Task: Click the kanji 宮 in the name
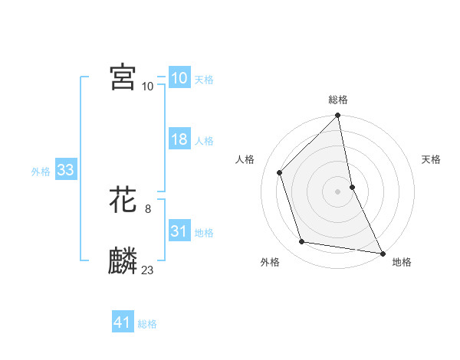[123, 77]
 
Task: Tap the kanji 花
[123, 201]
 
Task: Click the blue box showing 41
[123, 323]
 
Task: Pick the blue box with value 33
[65, 171]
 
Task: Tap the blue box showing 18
[179, 140]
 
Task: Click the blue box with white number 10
[179, 79]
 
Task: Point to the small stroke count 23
[148, 270]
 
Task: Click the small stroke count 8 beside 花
[148, 208]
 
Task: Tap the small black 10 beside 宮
[148, 86]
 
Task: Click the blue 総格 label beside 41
[147, 324]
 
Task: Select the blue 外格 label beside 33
[41, 172]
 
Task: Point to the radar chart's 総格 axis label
[338, 100]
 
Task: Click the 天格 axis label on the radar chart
[432, 159]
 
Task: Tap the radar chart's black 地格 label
[402, 263]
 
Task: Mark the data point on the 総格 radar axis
[338, 116]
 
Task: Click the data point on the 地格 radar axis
[382, 253]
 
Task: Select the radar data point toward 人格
[280, 172]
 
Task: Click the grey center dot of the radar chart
[338, 191]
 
